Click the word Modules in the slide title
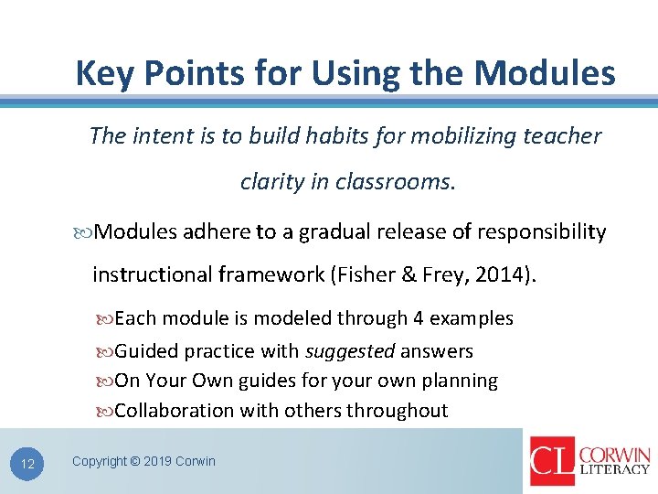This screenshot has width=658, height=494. click(x=557, y=72)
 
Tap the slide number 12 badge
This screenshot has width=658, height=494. click(x=27, y=465)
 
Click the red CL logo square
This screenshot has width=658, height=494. click(x=552, y=461)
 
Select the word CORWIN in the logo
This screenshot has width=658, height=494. click(x=615, y=455)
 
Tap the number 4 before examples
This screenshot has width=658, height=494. click(x=418, y=318)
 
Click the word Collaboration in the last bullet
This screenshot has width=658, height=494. click(x=175, y=410)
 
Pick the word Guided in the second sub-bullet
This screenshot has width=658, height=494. click(x=147, y=351)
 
